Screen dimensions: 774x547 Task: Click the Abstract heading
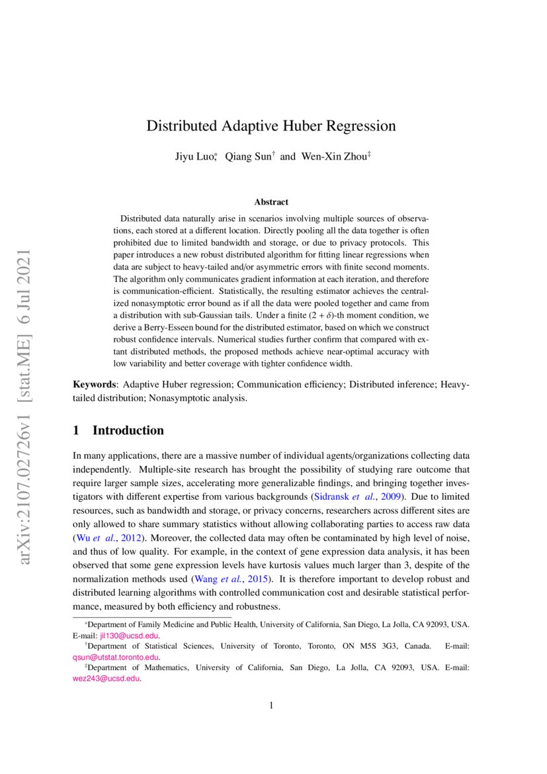pyautogui.click(x=271, y=202)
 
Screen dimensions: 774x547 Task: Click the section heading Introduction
pyautogui.click(x=128, y=430)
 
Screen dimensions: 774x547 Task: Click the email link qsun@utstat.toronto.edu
pyautogui.click(x=116, y=657)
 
